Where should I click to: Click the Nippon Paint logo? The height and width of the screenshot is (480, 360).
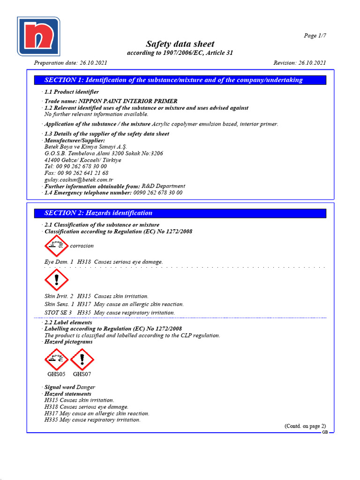pos(38,37)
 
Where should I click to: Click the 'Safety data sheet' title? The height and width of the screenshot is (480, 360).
pos(180,44)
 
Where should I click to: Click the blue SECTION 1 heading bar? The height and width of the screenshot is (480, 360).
pos(180,80)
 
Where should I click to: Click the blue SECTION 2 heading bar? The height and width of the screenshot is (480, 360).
pos(180,213)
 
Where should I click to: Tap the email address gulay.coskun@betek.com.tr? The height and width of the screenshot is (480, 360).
pos(79,180)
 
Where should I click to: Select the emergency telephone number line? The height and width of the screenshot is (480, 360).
pos(113,193)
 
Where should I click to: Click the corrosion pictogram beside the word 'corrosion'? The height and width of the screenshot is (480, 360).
pos(56,245)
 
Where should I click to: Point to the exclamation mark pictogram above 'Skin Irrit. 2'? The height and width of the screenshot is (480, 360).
pos(56,280)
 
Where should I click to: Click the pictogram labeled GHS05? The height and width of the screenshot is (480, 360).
pos(56,360)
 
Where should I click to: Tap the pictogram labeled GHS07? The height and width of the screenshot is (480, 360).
pos(82,360)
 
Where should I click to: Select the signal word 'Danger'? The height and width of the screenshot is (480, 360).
pos(86,387)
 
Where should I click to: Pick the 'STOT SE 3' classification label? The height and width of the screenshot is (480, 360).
pos(58,313)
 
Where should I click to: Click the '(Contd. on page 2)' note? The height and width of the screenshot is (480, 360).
pos(305,426)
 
